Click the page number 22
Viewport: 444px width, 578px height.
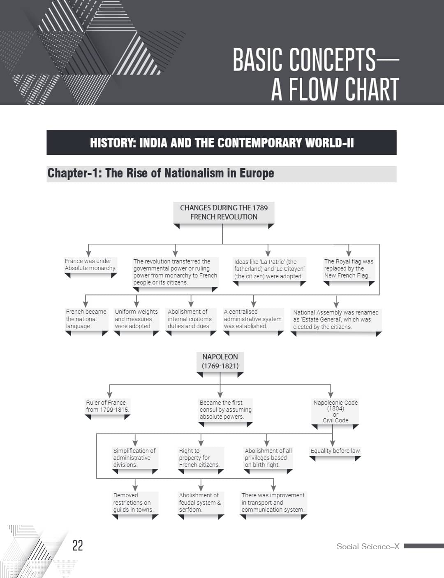(x=78, y=545)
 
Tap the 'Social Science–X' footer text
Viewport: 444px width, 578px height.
(x=368, y=546)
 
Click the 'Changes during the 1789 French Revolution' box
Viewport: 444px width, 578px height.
(x=224, y=212)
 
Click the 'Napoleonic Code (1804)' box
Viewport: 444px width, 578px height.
(x=335, y=411)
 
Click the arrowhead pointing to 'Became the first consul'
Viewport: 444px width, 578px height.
(x=220, y=395)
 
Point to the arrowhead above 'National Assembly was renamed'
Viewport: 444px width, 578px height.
(x=336, y=305)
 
